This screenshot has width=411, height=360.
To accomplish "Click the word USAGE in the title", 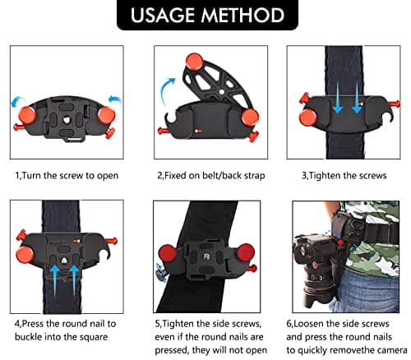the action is click(163, 15).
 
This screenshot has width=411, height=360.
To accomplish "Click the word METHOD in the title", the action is click(242, 15).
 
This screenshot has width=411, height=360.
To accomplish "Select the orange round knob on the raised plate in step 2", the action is click(194, 62).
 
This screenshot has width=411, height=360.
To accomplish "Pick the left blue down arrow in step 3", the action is click(338, 98).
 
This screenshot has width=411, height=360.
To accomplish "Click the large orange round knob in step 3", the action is click(308, 118).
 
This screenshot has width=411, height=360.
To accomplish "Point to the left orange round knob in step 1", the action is click(27, 115).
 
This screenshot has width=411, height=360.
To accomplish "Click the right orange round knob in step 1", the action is click(107, 115).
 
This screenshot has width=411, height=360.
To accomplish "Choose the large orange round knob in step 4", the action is click(25, 254).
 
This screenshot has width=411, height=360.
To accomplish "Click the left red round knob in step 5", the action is click(167, 253).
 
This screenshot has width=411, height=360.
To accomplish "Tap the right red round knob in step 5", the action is click(246, 252).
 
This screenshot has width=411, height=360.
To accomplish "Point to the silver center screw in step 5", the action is click(206, 256).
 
